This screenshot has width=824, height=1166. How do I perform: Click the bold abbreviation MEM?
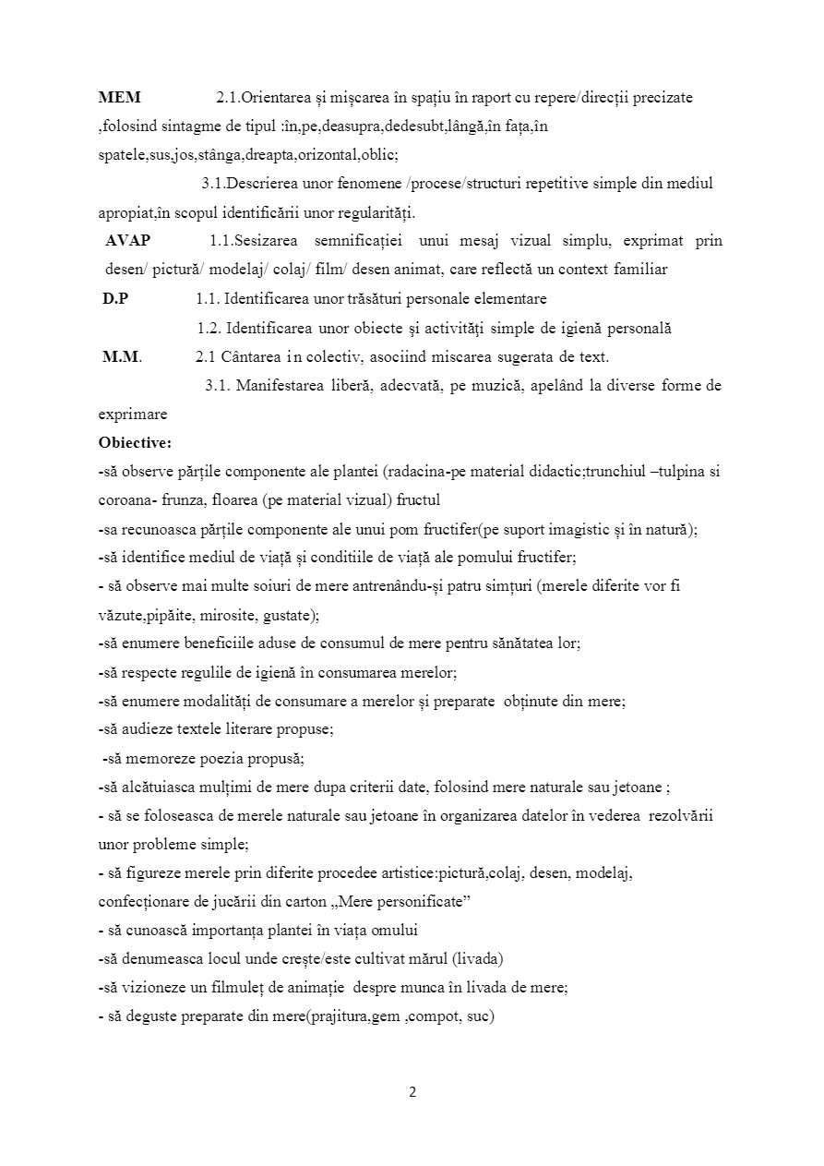119,97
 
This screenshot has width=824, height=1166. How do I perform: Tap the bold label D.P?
114,299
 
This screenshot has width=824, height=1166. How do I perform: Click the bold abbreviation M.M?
122,357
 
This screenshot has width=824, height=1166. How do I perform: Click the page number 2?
412,1092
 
